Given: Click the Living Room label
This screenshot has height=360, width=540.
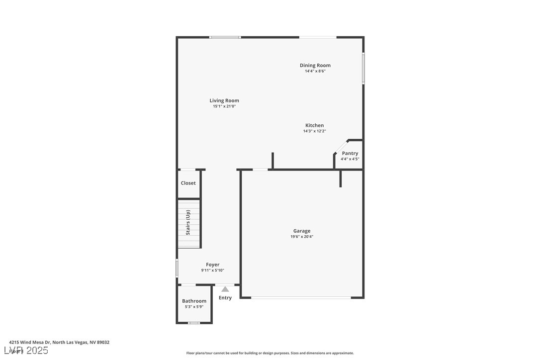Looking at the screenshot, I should click(x=224, y=100).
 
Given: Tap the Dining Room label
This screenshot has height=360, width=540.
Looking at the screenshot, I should click(x=315, y=65).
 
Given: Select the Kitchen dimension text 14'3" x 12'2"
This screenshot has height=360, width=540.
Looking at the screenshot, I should click(x=314, y=131).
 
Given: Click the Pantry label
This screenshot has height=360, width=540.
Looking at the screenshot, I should click(x=350, y=153).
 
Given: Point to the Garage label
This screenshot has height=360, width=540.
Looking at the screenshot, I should click(x=301, y=231).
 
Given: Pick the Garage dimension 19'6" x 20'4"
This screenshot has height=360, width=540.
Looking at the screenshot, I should click(x=301, y=237).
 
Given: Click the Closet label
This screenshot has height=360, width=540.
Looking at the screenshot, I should click(x=188, y=183).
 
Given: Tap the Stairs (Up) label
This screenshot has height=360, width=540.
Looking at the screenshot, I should click(x=188, y=222).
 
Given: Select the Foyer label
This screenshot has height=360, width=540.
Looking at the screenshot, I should click(x=212, y=265).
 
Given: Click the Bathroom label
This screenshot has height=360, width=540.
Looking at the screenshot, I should click(x=194, y=301).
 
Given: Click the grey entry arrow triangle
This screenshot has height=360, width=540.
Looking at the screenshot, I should click(x=225, y=289).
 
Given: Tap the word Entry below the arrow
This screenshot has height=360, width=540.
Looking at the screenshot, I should click(x=225, y=298).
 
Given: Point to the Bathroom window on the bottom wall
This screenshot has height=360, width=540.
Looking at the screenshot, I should click(x=194, y=323).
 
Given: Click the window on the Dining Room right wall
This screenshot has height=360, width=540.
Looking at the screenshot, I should click(x=363, y=68).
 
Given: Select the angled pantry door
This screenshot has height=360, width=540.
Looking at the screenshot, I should click(x=341, y=147).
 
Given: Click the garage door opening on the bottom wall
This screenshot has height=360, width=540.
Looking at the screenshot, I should click(x=301, y=297).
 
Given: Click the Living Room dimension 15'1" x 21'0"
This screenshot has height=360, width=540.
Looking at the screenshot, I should click(x=224, y=106).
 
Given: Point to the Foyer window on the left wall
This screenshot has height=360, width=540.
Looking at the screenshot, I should click(x=177, y=268).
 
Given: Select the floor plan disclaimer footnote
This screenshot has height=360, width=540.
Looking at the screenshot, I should click(x=270, y=353).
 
